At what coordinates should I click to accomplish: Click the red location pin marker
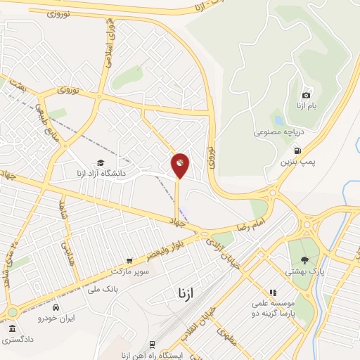coord(180,165)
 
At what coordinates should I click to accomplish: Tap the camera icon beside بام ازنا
coord(306,95)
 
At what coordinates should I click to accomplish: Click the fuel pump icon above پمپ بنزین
coord(299,150)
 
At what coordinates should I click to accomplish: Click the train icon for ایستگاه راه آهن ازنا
coord(152,344)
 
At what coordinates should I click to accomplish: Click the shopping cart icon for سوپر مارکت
coord(128,259)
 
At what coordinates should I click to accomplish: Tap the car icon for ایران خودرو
coord(65,308)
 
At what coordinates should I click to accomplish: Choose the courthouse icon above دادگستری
coord(12,329)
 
